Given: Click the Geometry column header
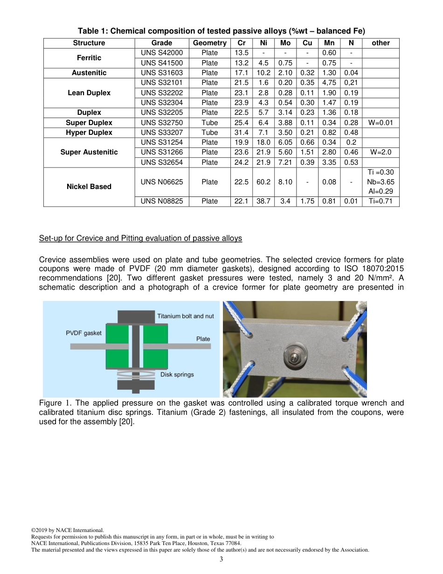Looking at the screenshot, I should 209,43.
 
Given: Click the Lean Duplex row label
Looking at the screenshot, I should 89,93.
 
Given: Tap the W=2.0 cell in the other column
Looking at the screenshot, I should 381,152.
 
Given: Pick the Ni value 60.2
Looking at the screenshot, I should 263,182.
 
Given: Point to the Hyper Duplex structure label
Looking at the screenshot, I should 89,133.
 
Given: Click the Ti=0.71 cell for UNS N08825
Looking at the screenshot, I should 381,201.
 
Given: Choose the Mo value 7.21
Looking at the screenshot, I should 285,162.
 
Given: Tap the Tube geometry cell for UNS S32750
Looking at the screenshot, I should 209,123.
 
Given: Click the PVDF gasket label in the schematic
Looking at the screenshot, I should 83,333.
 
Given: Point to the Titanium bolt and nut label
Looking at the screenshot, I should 185,316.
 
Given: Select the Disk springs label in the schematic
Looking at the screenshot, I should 177,374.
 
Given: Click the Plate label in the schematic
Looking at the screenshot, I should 203,339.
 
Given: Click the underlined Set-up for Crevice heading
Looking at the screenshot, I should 140,238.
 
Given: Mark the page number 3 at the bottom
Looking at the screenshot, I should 221,559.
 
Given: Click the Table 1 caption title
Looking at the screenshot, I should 221,31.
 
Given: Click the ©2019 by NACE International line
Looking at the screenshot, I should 67,530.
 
